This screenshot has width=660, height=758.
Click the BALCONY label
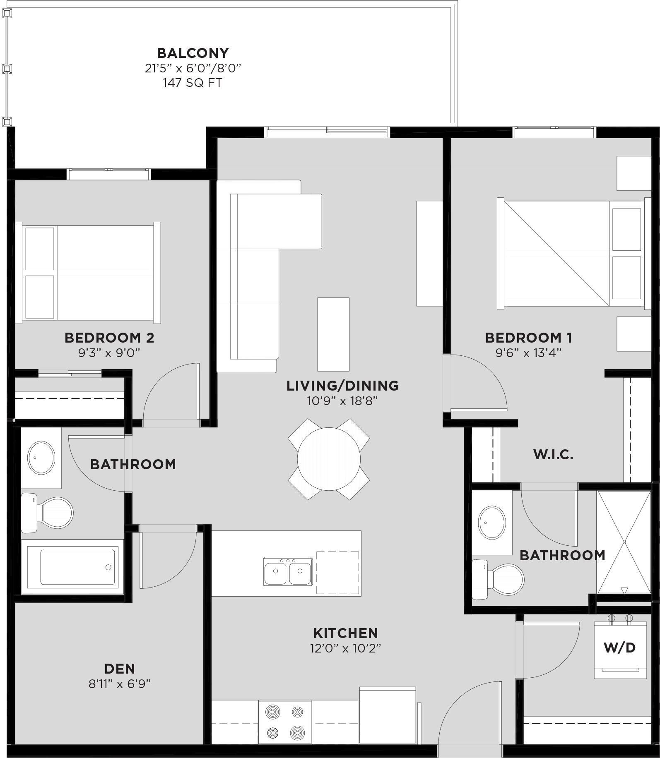pyautogui.click(x=193, y=53)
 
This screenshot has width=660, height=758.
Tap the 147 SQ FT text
pyautogui.click(x=193, y=83)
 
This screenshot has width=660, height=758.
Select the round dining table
pyautogui.click(x=329, y=459)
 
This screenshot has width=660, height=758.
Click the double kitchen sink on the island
pyautogui.click(x=288, y=571)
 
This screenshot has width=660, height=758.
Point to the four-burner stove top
pyautogui.click(x=285, y=722)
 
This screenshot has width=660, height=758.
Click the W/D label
pyautogui.click(x=619, y=648)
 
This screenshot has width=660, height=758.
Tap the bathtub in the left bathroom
pyautogui.click(x=77, y=567)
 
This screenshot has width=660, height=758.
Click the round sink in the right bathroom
pyautogui.click(x=492, y=522)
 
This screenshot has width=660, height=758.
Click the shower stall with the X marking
pyautogui.click(x=624, y=542)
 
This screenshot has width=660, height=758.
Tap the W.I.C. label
pyautogui.click(x=553, y=455)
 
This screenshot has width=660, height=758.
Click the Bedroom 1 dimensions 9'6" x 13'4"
pyautogui.click(x=529, y=353)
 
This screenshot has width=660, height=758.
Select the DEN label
pyautogui.click(x=119, y=669)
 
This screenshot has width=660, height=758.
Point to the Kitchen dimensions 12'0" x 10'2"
pyautogui.click(x=345, y=648)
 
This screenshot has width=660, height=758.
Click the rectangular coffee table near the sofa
pyautogui.click(x=333, y=334)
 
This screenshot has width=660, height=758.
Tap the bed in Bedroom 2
pyautogui.click(x=88, y=273)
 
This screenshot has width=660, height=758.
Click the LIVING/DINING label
pyautogui.click(x=343, y=386)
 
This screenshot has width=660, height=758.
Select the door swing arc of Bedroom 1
pyautogui.click(x=487, y=379)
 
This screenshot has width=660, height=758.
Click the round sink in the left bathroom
pyautogui.click(x=41, y=458)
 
